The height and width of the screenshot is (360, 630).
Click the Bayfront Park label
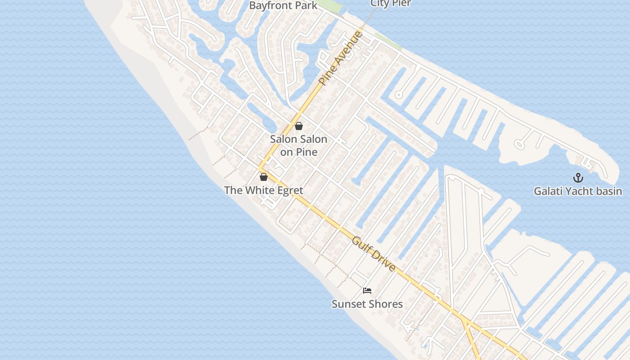point(283,6)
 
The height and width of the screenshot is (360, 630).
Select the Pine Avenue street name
point(340,57)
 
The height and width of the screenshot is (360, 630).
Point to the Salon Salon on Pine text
point(299,145)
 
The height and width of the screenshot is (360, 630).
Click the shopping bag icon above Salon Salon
point(299,126)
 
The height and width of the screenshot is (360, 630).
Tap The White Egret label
point(264,190)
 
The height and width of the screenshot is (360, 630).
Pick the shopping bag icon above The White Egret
point(264,177)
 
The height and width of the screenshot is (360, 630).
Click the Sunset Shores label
point(367,304)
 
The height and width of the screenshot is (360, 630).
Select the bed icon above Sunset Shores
point(367,291)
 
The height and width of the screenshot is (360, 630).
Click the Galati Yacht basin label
point(578,191)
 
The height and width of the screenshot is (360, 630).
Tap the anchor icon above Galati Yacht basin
point(578,178)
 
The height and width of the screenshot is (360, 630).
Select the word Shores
point(385,304)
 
